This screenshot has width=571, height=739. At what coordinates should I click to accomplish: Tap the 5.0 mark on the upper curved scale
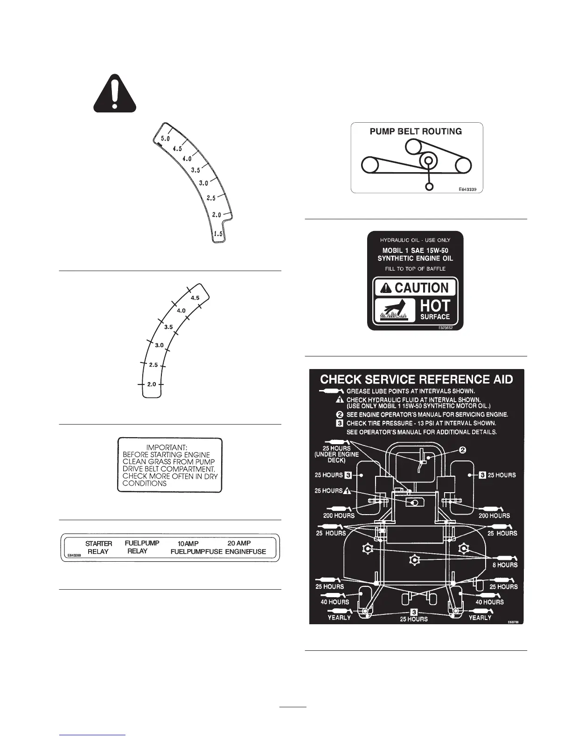166,139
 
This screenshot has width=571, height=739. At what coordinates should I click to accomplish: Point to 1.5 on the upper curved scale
218,234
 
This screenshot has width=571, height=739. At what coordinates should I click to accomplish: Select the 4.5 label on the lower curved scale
195,298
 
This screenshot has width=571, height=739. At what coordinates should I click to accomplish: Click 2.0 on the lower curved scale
152,384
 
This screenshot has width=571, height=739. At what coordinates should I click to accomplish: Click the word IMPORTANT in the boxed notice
167,447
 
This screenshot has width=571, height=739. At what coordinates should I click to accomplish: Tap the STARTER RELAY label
98,547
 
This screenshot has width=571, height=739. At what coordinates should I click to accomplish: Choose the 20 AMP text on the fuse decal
239,543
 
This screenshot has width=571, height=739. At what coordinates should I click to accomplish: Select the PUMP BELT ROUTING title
416,132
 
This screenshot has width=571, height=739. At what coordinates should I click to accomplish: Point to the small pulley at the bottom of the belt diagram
430,186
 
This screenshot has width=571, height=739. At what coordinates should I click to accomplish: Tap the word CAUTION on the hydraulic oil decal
421,288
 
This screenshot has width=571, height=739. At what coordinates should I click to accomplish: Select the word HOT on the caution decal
435,306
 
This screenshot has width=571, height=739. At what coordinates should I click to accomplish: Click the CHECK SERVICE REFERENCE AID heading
416,379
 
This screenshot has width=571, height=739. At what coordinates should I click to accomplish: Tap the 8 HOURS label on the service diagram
505,565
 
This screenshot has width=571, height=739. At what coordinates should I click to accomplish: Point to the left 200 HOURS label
339,516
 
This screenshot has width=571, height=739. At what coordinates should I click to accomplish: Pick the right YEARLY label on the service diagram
480,618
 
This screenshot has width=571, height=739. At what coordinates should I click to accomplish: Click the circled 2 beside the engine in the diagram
462,450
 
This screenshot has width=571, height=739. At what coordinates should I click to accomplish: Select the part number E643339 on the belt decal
467,189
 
